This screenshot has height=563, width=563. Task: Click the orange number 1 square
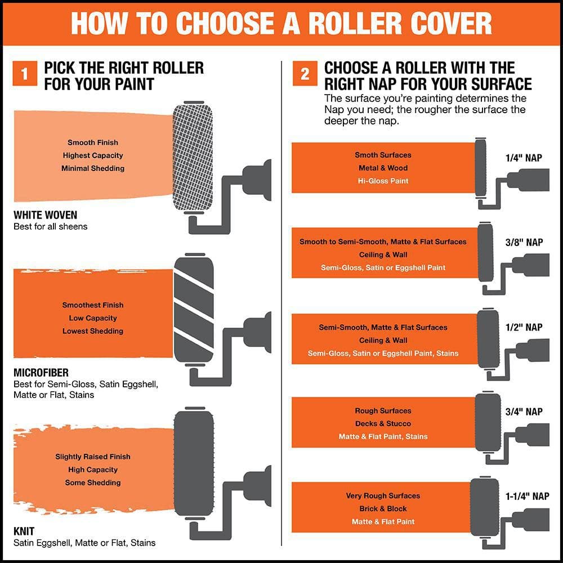pos(25,74)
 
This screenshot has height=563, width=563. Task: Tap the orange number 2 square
pos(305,74)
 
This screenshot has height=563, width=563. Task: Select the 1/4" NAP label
pos(524,158)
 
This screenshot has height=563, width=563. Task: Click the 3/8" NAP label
pos(524,242)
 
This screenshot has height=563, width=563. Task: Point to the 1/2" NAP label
pos(524,327)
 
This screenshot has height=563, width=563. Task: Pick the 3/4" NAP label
pos(524,412)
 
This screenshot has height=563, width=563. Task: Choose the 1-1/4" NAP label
pos(526,496)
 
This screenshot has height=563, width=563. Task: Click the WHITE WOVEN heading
pos(45,215)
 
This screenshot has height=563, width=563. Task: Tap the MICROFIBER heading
pos(41,373)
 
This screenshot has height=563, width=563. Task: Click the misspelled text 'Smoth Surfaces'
pos(383,155)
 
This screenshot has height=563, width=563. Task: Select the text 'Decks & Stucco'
pos(383,423)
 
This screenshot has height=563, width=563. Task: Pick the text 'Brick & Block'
pos(383,508)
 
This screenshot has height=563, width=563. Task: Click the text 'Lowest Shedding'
pos(93,331)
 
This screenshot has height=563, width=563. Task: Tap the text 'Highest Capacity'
pos(93,155)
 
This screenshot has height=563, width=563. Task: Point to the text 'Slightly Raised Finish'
pos(93,457)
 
